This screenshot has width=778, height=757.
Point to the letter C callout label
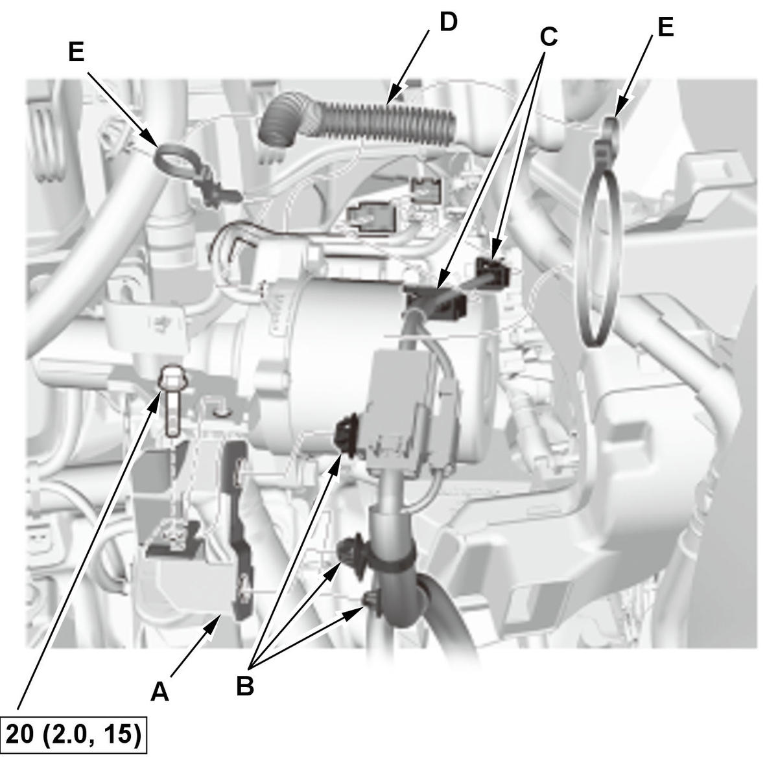click(x=548, y=37)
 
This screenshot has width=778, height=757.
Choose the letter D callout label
click(x=448, y=23)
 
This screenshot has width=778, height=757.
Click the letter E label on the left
click(x=77, y=52)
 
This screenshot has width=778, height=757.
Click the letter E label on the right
click(x=665, y=28)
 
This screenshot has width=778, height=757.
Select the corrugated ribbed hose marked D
click(x=357, y=120)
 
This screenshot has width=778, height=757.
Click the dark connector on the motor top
click(x=436, y=299)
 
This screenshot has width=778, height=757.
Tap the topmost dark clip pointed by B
click(x=348, y=437)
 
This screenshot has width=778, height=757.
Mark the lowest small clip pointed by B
click(x=369, y=599)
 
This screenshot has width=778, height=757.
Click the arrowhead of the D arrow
click(x=395, y=91)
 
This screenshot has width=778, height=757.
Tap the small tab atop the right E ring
click(x=609, y=128)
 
